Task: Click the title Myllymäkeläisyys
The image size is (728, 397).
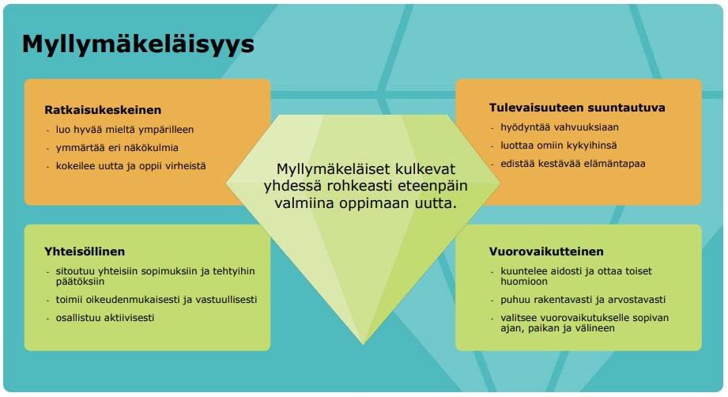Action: click(138, 43)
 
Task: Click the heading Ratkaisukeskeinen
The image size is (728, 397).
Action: click(103, 111)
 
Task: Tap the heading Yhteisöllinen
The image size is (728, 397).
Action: click(85, 252)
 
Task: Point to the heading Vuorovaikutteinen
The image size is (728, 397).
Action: click(546, 252)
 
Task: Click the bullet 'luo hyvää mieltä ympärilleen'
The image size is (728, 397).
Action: click(124, 130)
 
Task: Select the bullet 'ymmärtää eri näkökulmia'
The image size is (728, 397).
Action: click(116, 148)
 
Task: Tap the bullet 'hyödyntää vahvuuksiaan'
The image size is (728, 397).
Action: click(560, 127)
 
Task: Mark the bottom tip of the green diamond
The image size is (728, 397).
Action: click(363, 343)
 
